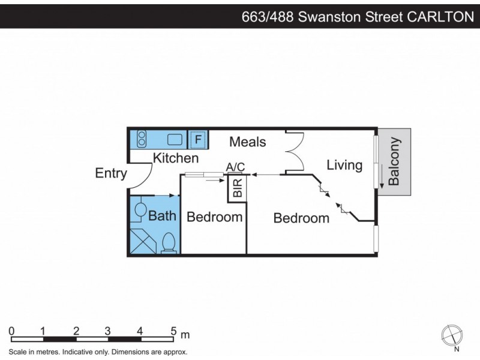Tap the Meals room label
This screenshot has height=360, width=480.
[x=247, y=142]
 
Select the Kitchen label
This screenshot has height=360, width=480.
[x=175, y=158]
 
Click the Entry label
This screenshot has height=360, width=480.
[x=111, y=173]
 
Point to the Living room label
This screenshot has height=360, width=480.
[x=344, y=165]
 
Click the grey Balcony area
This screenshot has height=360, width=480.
[x=394, y=162]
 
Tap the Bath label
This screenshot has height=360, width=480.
[x=162, y=215]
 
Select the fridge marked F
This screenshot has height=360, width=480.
[x=199, y=140]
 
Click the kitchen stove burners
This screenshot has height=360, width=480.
[x=142, y=139]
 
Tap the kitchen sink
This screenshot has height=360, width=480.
[x=175, y=140]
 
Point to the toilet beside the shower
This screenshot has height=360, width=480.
[x=169, y=243]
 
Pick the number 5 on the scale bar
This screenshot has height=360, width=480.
[x=174, y=331]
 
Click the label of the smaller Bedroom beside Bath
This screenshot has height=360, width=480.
[x=214, y=217]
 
